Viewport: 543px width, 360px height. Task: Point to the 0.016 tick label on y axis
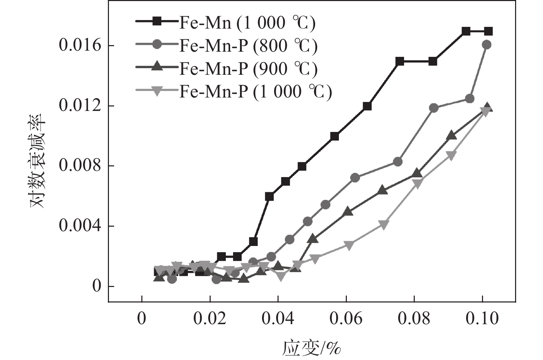(80, 45)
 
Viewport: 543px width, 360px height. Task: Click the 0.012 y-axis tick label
(80, 105)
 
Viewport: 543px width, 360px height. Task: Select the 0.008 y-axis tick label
(80, 166)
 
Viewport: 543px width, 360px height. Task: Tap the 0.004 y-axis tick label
(80, 226)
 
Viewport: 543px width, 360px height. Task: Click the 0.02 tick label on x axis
(210, 319)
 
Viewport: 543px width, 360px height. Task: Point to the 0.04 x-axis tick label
(278, 319)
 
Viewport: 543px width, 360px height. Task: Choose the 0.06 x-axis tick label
(346, 319)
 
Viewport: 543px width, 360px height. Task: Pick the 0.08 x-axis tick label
(414, 319)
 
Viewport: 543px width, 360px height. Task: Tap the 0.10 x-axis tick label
(482, 319)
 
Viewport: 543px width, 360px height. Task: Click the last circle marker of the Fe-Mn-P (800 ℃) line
(487, 44)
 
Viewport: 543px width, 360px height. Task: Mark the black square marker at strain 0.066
(367, 106)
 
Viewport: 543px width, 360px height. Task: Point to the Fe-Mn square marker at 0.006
(270, 196)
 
